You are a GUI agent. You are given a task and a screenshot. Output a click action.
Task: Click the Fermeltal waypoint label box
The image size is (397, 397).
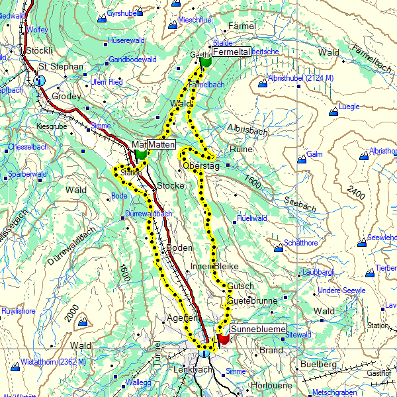(230, 52)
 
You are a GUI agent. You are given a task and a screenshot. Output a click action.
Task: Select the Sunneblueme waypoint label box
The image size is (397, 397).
(258, 329)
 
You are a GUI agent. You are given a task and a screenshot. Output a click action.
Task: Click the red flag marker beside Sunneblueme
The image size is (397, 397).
(224, 339)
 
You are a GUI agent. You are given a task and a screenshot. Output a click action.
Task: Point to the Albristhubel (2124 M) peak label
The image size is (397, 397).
(301, 79)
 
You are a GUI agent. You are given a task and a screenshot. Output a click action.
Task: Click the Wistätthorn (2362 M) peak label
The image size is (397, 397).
(53, 362)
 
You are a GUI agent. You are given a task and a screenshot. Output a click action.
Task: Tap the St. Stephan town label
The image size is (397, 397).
(60, 66)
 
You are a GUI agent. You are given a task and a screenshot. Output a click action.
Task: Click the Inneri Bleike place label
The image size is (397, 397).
(214, 266)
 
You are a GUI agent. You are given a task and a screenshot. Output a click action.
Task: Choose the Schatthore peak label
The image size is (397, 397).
(301, 243)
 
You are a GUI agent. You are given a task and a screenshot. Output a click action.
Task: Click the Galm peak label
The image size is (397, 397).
(314, 154)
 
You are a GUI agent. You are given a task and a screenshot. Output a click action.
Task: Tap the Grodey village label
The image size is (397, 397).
(66, 96)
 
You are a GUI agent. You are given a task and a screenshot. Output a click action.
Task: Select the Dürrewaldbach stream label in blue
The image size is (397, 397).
(148, 214)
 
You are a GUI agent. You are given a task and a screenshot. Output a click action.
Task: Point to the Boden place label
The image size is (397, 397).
(179, 247)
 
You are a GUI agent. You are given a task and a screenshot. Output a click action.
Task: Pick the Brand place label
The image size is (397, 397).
(271, 350)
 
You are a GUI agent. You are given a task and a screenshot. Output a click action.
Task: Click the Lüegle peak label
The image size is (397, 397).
(349, 106)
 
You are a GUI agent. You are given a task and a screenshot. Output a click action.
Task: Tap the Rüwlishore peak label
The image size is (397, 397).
(19, 310)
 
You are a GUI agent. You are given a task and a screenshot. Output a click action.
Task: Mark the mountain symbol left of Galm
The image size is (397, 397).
(302, 158)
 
